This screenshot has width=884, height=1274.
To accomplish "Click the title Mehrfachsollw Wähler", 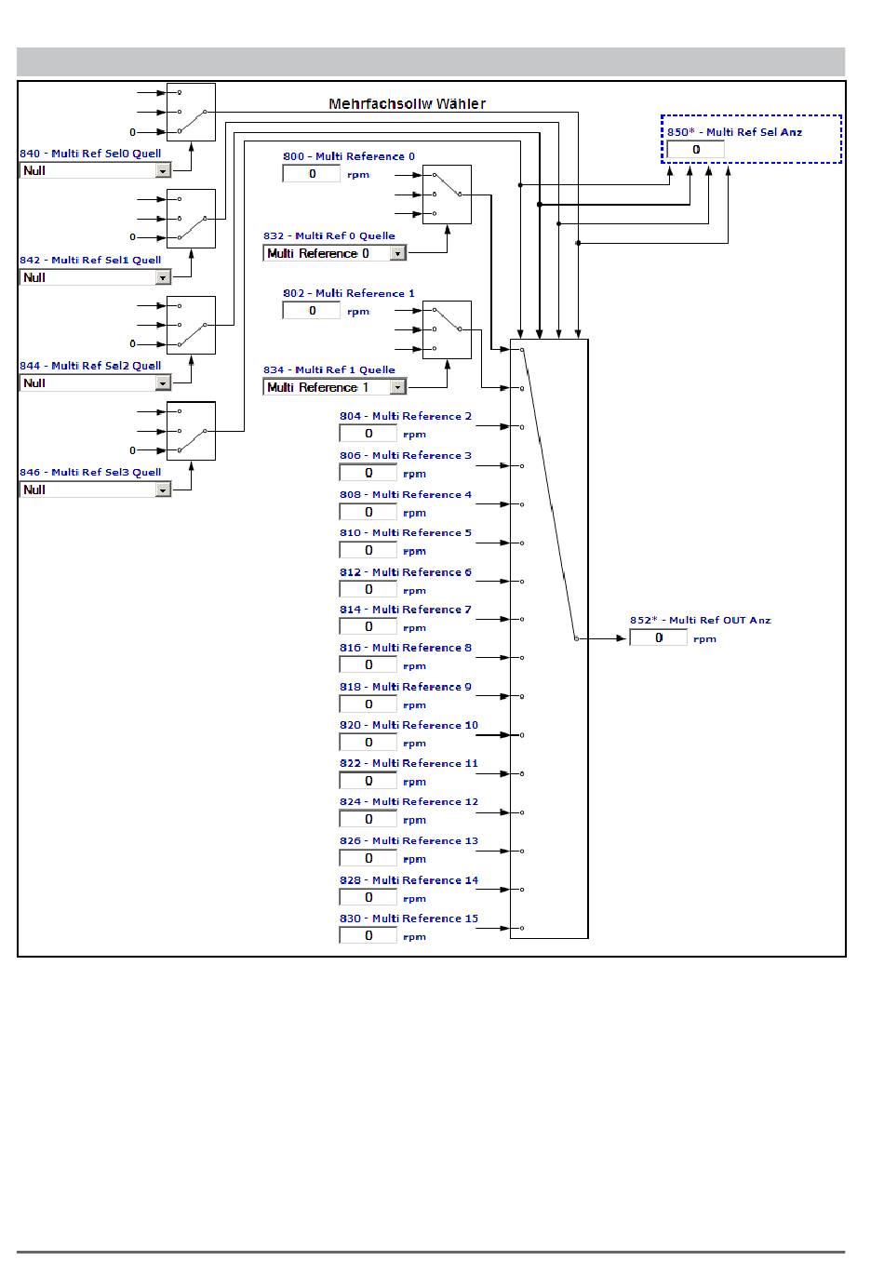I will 407,104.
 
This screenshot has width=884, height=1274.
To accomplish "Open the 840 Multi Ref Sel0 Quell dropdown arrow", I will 163,171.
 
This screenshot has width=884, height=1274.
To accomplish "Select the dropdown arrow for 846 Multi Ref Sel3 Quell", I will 163,490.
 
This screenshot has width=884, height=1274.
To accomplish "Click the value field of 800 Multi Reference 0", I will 312,174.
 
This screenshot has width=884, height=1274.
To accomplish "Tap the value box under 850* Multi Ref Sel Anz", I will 695,150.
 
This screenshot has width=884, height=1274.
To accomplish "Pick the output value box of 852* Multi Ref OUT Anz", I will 658,638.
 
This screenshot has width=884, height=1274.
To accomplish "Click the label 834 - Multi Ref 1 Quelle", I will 328,369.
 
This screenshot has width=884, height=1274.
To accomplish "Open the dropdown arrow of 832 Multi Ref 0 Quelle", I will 398,254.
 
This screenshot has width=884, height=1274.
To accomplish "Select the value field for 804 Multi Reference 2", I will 368,434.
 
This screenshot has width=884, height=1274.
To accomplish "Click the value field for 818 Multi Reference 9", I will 368,704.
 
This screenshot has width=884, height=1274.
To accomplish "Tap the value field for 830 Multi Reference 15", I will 368,935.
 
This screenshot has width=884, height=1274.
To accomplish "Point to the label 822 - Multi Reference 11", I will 409,763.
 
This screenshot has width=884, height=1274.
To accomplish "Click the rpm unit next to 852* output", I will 704,639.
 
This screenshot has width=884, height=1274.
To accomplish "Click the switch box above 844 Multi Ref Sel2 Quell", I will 191,325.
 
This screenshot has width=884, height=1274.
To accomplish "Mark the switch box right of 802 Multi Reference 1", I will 447,329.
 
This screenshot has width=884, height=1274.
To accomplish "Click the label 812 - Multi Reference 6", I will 405,572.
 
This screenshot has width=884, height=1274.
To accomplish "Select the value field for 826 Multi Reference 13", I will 368,858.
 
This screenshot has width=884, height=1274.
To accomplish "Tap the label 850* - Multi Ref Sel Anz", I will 734,132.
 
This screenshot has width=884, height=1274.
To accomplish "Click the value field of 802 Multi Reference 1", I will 312,311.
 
